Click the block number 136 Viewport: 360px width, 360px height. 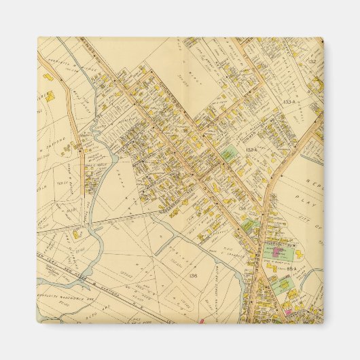point(194,274)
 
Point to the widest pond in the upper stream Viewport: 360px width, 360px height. point(109,162)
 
